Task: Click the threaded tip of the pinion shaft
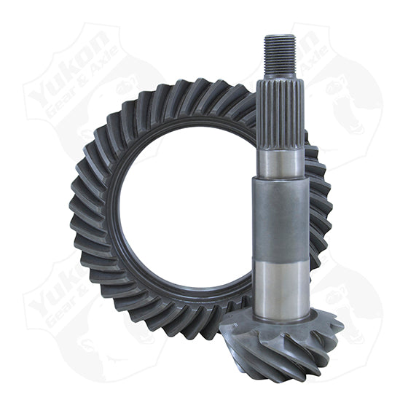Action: [280, 55]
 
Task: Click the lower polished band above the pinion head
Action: [281, 280]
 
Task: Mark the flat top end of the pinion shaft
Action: [280, 36]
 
